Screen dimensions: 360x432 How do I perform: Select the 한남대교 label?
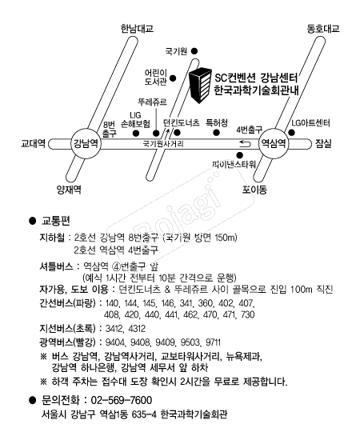[x=137, y=29]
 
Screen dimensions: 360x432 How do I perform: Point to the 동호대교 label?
[x=323, y=29]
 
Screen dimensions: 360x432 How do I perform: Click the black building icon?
[x=201, y=86]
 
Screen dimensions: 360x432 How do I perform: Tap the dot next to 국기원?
[x=194, y=51]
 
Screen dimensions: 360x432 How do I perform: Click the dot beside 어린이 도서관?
[x=173, y=78]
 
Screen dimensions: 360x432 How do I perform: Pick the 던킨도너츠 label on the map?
[x=182, y=122]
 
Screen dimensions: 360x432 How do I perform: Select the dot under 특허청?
[x=217, y=133]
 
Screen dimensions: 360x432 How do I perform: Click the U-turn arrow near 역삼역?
[x=245, y=144]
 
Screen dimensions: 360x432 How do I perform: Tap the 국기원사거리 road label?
[x=163, y=144]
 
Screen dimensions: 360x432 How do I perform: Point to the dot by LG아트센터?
[x=292, y=133]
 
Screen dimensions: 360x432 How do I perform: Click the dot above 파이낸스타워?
[x=240, y=155]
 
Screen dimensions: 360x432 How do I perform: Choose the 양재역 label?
[x=69, y=190]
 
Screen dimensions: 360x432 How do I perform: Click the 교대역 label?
[x=34, y=143]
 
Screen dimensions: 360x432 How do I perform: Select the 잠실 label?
[x=323, y=143]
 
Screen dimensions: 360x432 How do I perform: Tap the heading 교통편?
[x=56, y=221]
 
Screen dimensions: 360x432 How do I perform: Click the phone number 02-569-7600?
[x=121, y=400]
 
